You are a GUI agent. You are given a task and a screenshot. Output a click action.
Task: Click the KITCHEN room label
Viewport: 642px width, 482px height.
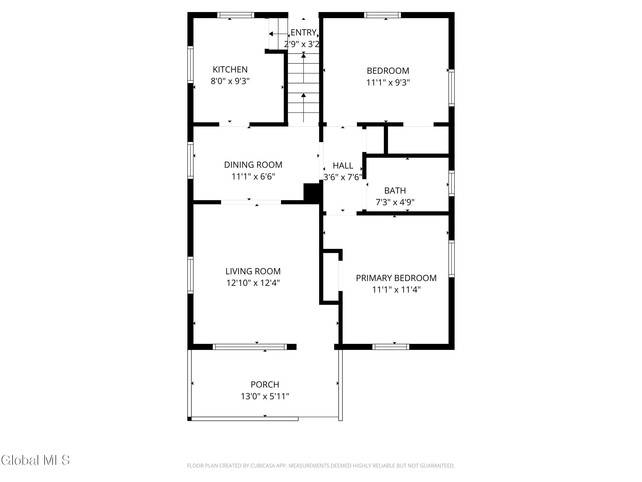(x=230, y=69)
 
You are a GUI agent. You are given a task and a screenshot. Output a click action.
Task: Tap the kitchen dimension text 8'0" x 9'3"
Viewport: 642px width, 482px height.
(x=230, y=81)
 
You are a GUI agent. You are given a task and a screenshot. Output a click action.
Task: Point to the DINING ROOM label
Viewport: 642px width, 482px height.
(x=253, y=165)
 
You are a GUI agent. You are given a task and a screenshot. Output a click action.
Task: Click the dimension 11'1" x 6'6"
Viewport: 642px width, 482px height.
(x=253, y=176)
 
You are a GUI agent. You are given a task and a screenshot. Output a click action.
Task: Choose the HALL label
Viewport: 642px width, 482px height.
(x=343, y=166)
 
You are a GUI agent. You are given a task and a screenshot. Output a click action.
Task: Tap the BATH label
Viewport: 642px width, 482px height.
(x=395, y=190)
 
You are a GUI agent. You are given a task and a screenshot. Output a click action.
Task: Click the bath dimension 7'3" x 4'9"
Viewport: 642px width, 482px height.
(x=395, y=202)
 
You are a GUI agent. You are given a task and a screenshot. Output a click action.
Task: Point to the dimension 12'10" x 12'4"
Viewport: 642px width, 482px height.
(x=253, y=283)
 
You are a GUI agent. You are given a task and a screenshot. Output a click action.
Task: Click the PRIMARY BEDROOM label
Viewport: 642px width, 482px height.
(x=396, y=278)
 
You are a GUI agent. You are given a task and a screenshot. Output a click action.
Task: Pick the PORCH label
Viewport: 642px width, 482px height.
(x=265, y=384)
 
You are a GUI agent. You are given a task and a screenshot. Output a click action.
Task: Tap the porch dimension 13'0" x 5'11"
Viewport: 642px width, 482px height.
(x=265, y=396)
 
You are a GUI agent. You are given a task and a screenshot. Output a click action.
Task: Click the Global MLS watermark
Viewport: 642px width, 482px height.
(x=35, y=460)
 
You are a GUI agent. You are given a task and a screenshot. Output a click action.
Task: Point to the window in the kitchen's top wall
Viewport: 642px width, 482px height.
(x=236, y=15)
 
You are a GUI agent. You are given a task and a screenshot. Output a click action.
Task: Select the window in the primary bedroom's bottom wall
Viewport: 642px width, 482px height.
(x=391, y=347)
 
